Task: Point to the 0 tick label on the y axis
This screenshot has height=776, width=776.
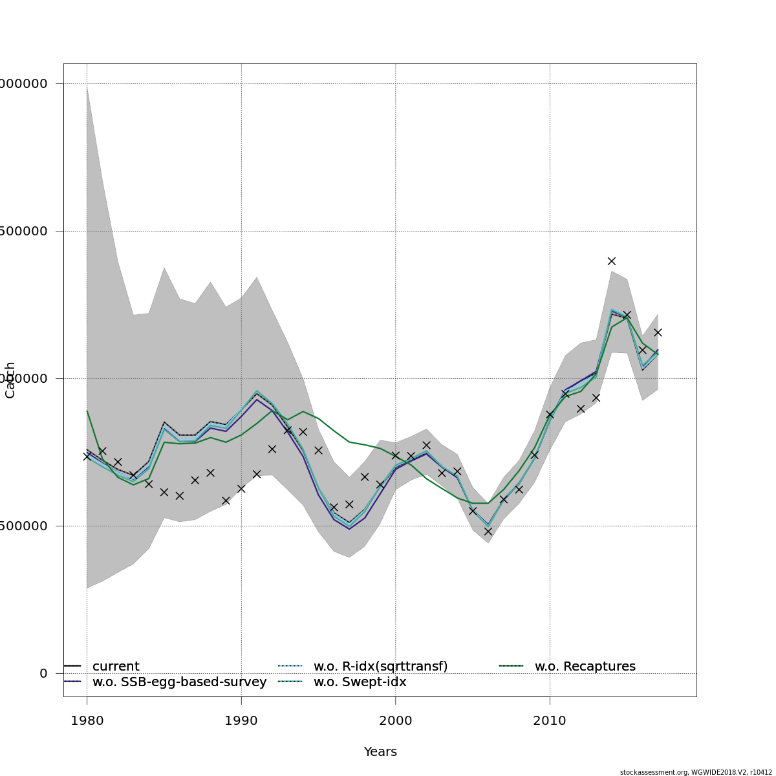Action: tap(43, 673)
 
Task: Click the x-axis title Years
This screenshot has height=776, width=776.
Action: tap(380, 752)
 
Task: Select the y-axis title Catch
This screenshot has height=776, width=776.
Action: tap(10, 380)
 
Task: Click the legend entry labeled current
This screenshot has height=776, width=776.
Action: tap(116, 667)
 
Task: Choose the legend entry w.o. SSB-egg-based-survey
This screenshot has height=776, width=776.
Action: tap(179, 682)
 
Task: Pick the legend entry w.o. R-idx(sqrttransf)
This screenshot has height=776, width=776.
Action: tap(380, 667)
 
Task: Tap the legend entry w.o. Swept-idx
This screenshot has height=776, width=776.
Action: tap(360, 682)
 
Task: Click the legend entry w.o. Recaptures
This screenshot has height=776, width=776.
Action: tap(585, 667)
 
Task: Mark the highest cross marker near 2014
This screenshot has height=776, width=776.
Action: tap(612, 261)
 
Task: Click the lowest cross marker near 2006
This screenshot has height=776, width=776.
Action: tap(488, 532)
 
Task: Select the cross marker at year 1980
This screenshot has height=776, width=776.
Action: tap(87, 456)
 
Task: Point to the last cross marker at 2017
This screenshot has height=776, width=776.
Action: tap(658, 332)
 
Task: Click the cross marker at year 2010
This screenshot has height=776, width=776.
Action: tap(550, 415)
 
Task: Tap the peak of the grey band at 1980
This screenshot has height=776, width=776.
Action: tap(87, 87)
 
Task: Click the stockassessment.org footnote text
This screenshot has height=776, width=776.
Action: tap(696, 772)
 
